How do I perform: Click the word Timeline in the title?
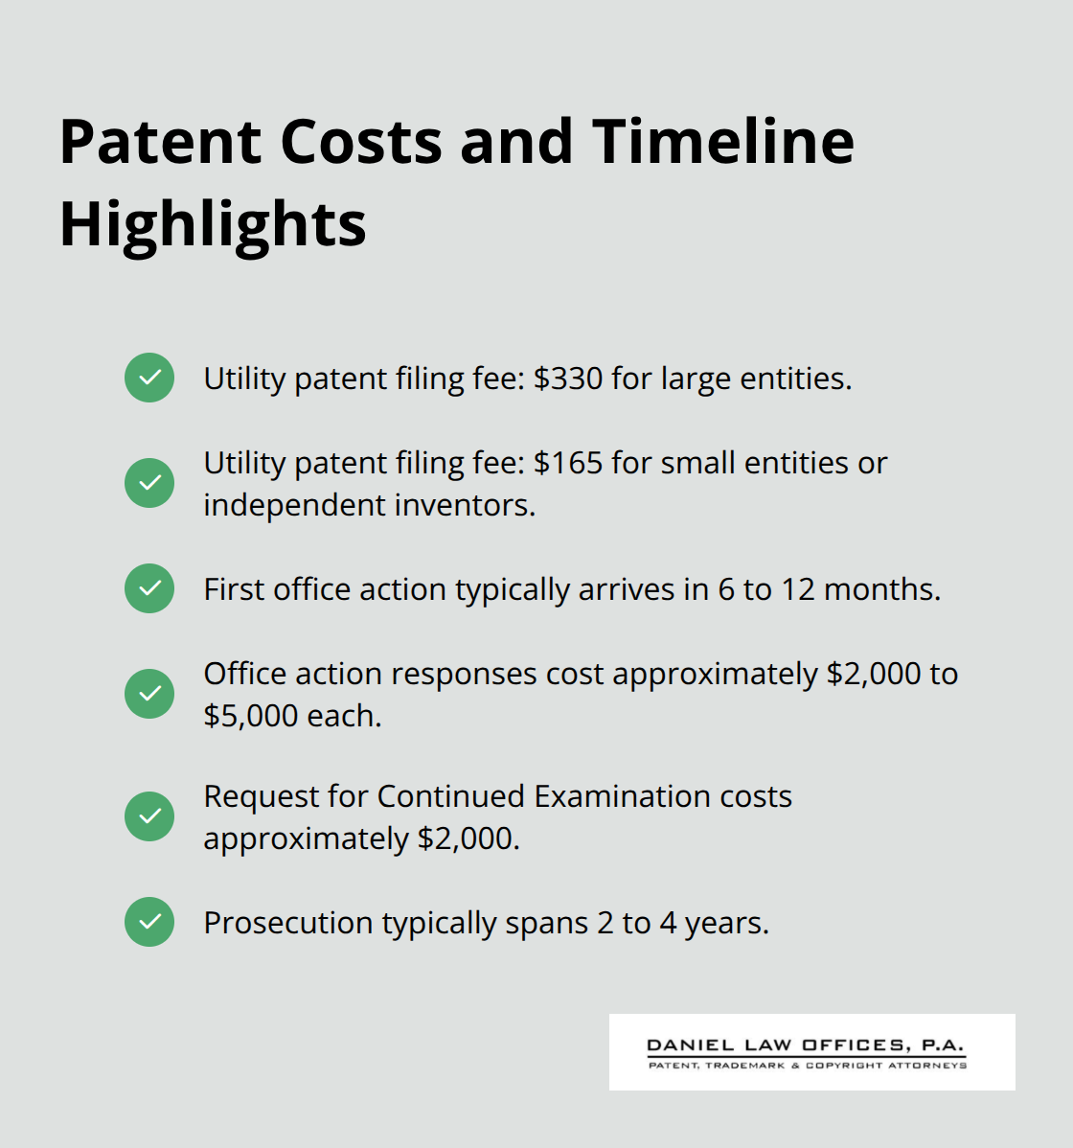pos(722,142)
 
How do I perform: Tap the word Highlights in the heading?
pos(213,224)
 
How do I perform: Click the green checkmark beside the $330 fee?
pos(149,378)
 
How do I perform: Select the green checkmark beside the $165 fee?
pos(149,483)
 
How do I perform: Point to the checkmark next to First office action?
pos(149,588)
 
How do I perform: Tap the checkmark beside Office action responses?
pos(149,694)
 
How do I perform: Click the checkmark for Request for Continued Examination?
pos(149,816)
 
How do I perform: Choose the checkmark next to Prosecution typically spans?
pos(149,922)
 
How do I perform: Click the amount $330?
pos(568,379)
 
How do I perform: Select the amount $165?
pos(568,463)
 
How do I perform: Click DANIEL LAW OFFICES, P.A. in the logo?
pos(806,1045)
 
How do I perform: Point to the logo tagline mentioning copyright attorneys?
pos(808,1066)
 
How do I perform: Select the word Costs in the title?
pos(361,142)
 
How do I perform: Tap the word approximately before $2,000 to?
pos(716,674)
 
